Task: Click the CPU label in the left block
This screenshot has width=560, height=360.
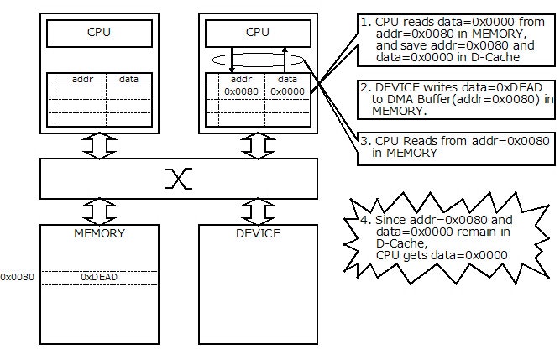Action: pyautogui.click(x=98, y=34)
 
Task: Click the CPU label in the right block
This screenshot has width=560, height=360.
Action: pyautogui.click(x=258, y=34)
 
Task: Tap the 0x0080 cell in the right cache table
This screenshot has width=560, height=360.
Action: pyautogui.click(x=239, y=91)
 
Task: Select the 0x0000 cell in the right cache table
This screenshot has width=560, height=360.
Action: pyautogui.click(x=288, y=91)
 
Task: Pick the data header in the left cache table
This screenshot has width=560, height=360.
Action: pyautogui.click(x=129, y=79)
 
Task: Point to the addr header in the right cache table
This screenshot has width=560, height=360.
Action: pyautogui.click(x=241, y=79)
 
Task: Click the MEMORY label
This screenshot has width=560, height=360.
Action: pyautogui.click(x=99, y=233)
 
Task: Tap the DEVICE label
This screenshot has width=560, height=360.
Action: pyautogui.click(x=258, y=233)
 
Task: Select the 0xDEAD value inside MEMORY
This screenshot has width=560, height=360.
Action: pyautogui.click(x=98, y=277)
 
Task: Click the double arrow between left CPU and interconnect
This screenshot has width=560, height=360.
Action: pyautogui.click(x=98, y=145)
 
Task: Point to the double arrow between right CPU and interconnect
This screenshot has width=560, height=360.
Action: pyautogui.click(x=258, y=145)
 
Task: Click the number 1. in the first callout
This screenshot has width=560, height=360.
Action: pyautogui.click(x=365, y=21)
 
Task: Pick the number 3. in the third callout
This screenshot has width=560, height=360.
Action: pyautogui.click(x=365, y=140)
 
